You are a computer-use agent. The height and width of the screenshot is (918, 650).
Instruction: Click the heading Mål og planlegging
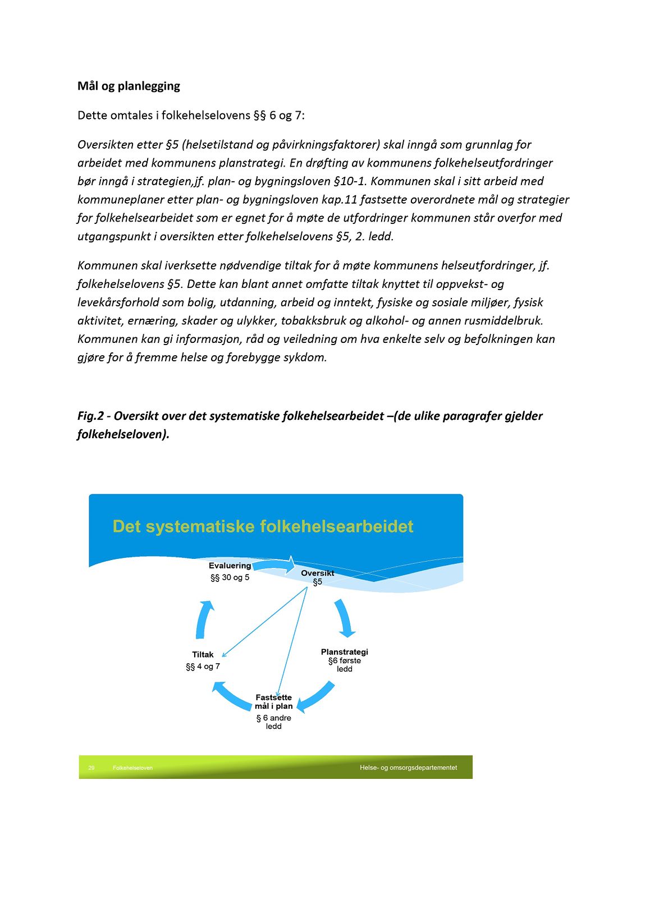click(129, 86)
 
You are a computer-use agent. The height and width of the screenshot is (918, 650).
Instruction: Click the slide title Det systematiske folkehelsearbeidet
click(263, 526)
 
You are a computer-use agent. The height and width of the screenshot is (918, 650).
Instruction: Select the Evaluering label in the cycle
click(230, 566)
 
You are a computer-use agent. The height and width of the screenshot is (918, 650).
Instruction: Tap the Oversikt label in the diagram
click(317, 573)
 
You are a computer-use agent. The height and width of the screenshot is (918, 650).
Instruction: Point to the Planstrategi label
click(344, 652)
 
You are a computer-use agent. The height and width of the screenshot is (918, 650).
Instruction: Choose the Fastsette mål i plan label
click(274, 702)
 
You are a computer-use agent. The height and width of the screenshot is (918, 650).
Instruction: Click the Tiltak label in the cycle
click(203, 655)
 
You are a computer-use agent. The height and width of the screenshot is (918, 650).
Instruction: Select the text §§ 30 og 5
click(230, 577)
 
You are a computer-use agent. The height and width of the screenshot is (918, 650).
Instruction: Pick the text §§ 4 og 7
click(203, 667)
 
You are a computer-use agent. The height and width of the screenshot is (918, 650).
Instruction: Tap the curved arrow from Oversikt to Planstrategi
click(344, 618)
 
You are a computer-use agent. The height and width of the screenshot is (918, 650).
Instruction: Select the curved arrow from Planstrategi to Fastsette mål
click(317, 696)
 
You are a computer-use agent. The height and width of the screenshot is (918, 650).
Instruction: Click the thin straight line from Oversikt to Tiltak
click(264, 622)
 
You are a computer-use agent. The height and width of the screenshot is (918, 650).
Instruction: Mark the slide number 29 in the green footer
click(91, 768)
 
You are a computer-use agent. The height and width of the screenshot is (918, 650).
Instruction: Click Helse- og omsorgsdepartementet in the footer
click(408, 768)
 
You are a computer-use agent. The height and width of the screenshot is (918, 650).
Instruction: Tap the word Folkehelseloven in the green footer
click(132, 768)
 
